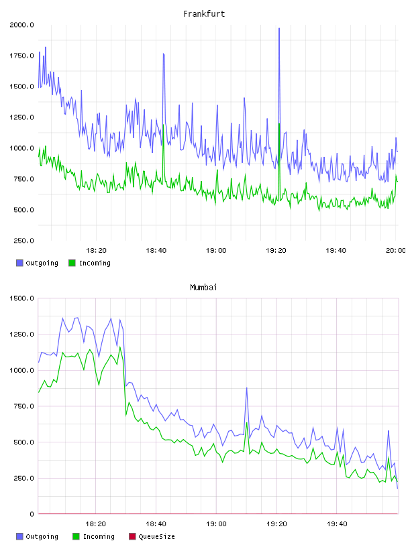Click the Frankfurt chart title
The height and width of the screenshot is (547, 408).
(x=204, y=14)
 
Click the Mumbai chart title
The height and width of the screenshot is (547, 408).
(x=203, y=288)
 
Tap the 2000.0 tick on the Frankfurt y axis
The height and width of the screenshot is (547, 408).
(x=21, y=25)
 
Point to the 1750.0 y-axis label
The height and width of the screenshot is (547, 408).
(x=21, y=56)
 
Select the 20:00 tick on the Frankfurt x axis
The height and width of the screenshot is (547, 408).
(x=395, y=251)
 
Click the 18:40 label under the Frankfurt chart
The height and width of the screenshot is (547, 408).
(x=156, y=251)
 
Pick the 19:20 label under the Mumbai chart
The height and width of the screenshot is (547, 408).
(x=276, y=524)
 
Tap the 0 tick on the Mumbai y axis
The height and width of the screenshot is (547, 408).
(x=32, y=514)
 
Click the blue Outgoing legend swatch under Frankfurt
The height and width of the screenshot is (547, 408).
(x=19, y=263)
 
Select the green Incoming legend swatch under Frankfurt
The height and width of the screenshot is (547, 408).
(x=72, y=263)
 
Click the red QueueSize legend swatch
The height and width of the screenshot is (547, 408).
(x=132, y=536)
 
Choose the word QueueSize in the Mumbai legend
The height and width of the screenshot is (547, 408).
(x=156, y=536)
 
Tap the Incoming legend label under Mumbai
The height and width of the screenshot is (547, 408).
(x=99, y=536)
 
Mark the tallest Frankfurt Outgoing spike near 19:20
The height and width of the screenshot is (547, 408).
(x=279, y=29)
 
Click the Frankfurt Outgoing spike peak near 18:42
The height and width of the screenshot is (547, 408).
(x=164, y=54)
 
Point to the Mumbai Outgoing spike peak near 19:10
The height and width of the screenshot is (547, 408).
(x=247, y=387)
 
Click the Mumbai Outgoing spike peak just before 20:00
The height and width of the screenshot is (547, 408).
(x=389, y=431)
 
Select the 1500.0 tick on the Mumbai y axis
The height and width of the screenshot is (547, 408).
(x=21, y=298)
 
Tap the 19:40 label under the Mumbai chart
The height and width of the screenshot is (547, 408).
(x=337, y=524)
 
